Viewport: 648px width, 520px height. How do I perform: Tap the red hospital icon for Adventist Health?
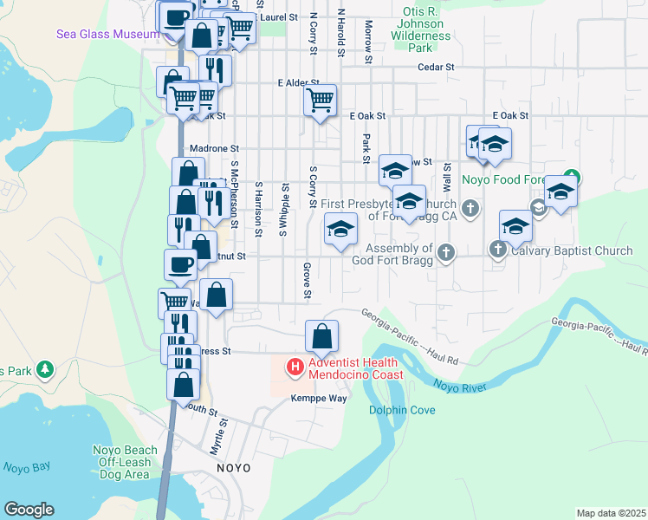295,368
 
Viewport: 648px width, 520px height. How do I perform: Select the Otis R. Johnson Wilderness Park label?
421,24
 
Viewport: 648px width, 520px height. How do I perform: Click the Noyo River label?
457,386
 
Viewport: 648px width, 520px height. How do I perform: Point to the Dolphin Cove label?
402,410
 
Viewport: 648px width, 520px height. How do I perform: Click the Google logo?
29,510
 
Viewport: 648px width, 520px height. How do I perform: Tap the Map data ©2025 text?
611,513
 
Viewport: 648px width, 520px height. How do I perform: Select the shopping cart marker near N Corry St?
321,101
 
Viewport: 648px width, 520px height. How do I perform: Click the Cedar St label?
436,67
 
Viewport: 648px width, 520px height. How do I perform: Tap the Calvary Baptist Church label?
572,251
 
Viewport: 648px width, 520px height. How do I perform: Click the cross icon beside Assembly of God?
446,252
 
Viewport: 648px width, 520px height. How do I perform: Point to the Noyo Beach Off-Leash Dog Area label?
126,461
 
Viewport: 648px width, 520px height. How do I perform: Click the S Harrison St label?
258,208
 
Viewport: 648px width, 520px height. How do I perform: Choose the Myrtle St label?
217,438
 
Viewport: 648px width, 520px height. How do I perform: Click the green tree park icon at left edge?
43,370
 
